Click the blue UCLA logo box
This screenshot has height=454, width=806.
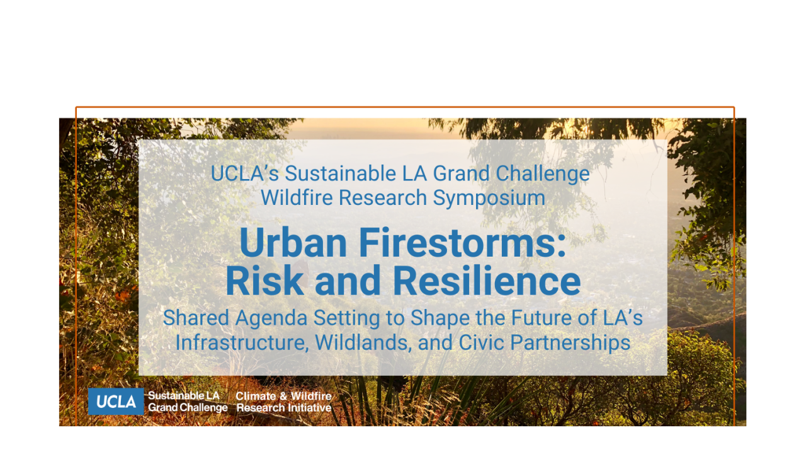point(116,402)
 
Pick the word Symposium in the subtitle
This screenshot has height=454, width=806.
point(489,198)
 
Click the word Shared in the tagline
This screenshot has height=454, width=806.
point(191,318)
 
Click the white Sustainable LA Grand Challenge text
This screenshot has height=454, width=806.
point(188,402)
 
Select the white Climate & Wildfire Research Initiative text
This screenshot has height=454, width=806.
point(284,402)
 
